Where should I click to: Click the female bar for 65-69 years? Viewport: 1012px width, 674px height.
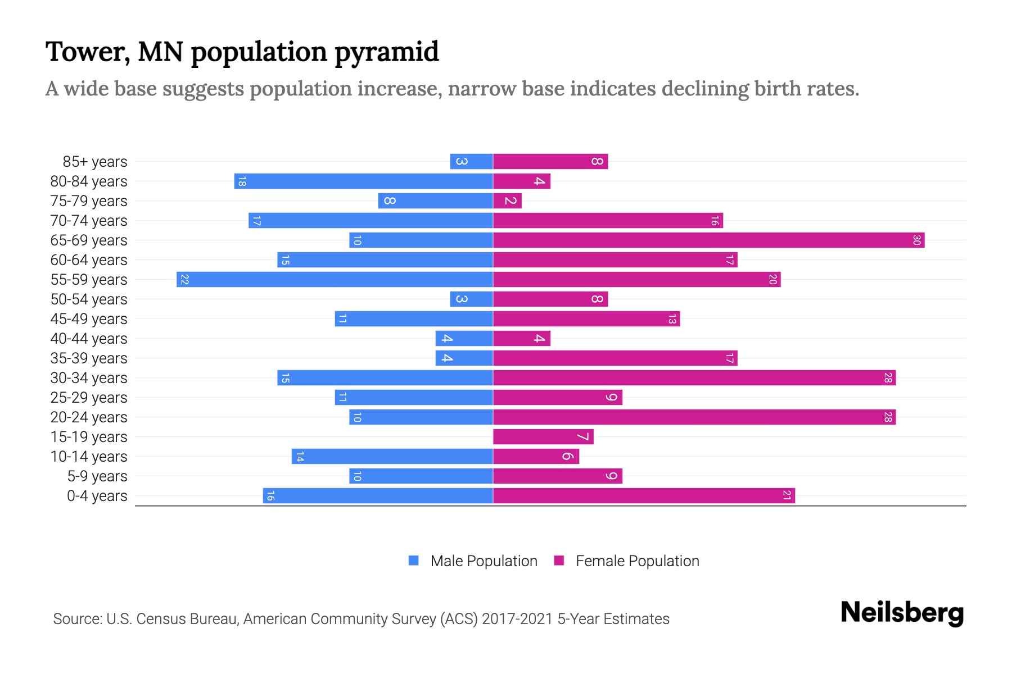pyautogui.click(x=708, y=240)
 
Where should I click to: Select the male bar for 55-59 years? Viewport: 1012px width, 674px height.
pyautogui.click(x=335, y=280)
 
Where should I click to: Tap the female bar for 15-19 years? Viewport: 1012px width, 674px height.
pyautogui.click(x=543, y=437)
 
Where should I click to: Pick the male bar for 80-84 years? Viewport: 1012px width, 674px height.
pyautogui.click(x=364, y=181)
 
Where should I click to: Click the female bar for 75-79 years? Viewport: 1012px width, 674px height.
pyautogui.click(x=507, y=201)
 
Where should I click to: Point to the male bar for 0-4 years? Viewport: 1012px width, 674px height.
pyautogui.click(x=378, y=496)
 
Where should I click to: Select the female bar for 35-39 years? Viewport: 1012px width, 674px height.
pyautogui.click(x=615, y=358)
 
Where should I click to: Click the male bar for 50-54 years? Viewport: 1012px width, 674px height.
pyautogui.click(x=471, y=299)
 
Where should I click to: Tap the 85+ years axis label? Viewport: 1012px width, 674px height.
pyautogui.click(x=95, y=162)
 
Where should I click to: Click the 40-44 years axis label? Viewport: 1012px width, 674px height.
pyautogui.click(x=89, y=339)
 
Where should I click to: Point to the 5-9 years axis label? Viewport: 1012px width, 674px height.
pyautogui.click(x=97, y=476)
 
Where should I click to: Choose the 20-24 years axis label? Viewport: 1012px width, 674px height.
pyautogui.click(x=89, y=417)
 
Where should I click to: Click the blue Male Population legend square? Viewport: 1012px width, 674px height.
pyautogui.click(x=414, y=561)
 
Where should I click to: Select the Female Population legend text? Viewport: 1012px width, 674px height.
pyautogui.click(x=637, y=561)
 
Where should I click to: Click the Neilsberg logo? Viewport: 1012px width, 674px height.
pyautogui.click(x=902, y=613)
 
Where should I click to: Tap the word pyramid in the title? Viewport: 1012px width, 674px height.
pyautogui.click(x=386, y=52)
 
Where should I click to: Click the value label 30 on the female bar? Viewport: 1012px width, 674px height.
pyautogui.click(x=916, y=240)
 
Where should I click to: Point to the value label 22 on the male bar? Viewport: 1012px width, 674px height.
pyautogui.click(x=184, y=280)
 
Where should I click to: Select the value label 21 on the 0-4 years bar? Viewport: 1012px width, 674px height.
pyautogui.click(x=787, y=496)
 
